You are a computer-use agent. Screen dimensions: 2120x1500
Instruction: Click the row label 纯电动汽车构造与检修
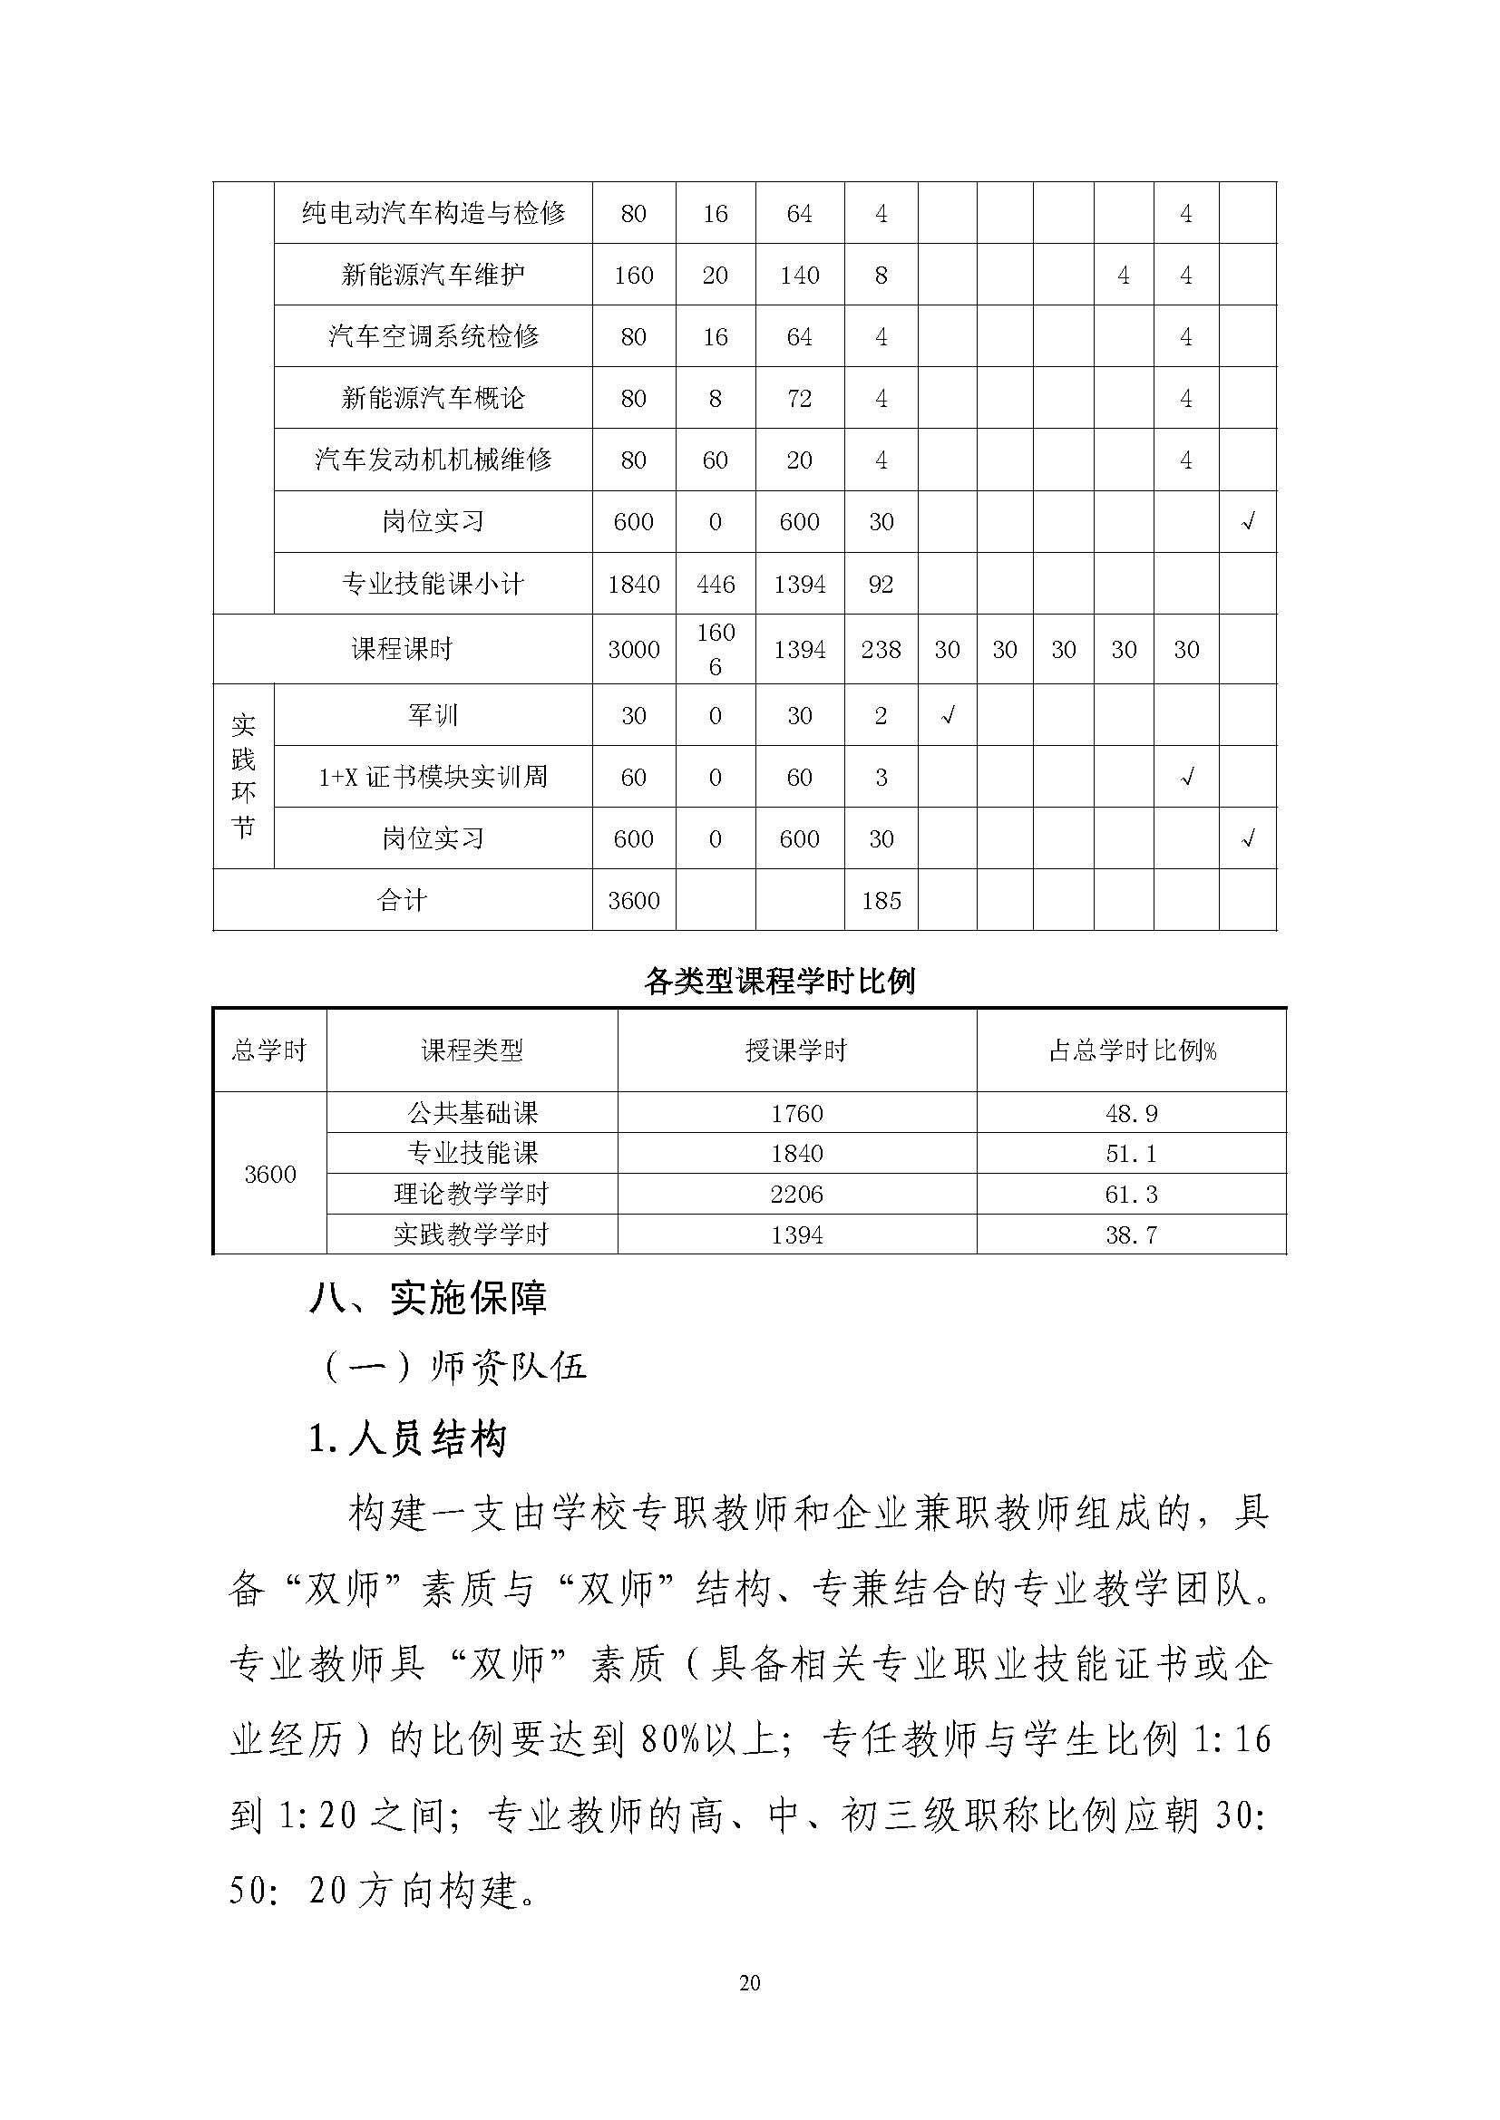[x=433, y=213]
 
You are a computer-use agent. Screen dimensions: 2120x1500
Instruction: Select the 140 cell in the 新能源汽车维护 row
[x=799, y=276]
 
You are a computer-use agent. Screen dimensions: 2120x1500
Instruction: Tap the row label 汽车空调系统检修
[x=433, y=336]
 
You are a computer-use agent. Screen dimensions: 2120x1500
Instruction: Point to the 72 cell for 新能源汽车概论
[x=799, y=398]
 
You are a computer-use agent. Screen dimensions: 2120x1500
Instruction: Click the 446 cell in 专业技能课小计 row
[x=715, y=584]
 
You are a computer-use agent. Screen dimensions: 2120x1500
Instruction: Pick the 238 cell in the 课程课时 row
[x=881, y=649]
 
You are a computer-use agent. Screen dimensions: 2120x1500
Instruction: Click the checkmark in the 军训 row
[x=947, y=714]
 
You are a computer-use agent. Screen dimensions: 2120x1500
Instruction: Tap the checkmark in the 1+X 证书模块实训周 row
[x=1187, y=777]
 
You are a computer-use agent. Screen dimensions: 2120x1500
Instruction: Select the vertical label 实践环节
[x=243, y=776]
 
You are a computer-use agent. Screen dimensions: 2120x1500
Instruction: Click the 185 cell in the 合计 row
[x=881, y=900]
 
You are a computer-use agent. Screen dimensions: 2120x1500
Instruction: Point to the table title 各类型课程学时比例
[x=780, y=981]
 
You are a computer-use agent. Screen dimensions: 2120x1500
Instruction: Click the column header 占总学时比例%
[x=1132, y=1050]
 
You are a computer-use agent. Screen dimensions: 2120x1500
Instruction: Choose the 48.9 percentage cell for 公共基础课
[x=1132, y=1113]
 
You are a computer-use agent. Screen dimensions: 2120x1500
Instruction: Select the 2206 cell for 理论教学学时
[x=796, y=1194]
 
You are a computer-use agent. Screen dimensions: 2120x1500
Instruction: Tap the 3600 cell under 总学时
[x=269, y=1174]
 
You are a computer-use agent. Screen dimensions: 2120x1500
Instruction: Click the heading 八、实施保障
[x=429, y=1298]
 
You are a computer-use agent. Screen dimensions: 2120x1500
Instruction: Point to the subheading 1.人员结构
[x=407, y=1439]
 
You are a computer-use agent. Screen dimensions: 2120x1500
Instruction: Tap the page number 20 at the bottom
[x=749, y=1982]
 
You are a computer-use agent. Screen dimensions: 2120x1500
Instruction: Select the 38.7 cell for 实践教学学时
[x=1132, y=1234]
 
